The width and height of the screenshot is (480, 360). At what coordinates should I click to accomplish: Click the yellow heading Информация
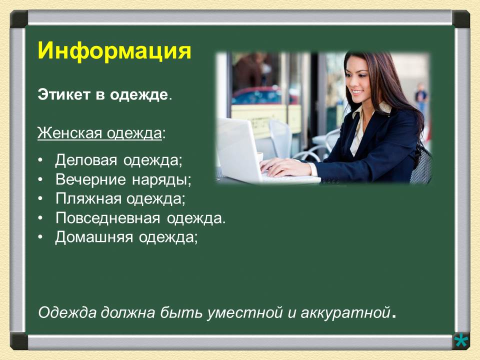(114, 51)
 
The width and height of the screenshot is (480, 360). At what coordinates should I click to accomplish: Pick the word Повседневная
(107, 218)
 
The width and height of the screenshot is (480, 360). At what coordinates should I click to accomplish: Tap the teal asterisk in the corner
(461, 340)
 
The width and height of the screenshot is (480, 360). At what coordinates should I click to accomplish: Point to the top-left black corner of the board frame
(19, 19)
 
